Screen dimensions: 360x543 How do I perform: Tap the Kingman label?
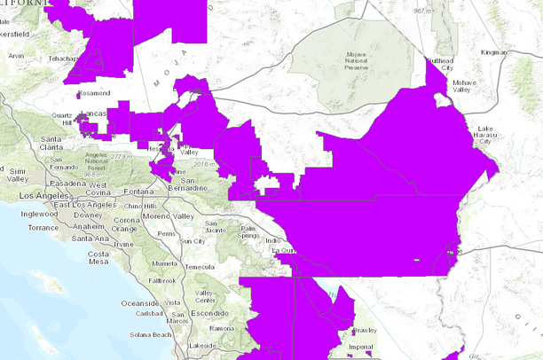click(x=493, y=52)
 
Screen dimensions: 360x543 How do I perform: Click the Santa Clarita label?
click(x=50, y=143)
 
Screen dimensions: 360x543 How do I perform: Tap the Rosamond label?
click(x=94, y=92)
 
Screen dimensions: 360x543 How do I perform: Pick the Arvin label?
click(x=16, y=55)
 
